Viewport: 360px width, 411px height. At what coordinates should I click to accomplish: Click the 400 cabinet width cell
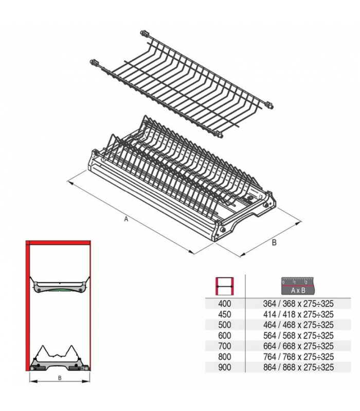[225, 303]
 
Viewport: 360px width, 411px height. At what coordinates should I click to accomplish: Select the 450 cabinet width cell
[225, 314]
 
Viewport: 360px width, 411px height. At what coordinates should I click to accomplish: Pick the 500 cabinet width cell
[225, 325]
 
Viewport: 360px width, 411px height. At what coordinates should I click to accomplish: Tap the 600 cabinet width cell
[225, 335]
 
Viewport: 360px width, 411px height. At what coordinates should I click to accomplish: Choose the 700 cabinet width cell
[225, 346]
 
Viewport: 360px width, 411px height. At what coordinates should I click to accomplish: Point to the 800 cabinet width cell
[225, 357]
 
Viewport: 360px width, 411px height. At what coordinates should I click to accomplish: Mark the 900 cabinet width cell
[225, 367]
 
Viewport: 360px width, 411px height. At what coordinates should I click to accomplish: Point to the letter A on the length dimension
[125, 219]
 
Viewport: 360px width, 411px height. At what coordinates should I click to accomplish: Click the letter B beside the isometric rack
[274, 242]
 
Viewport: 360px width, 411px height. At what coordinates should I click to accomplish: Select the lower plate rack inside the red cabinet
[59, 360]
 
